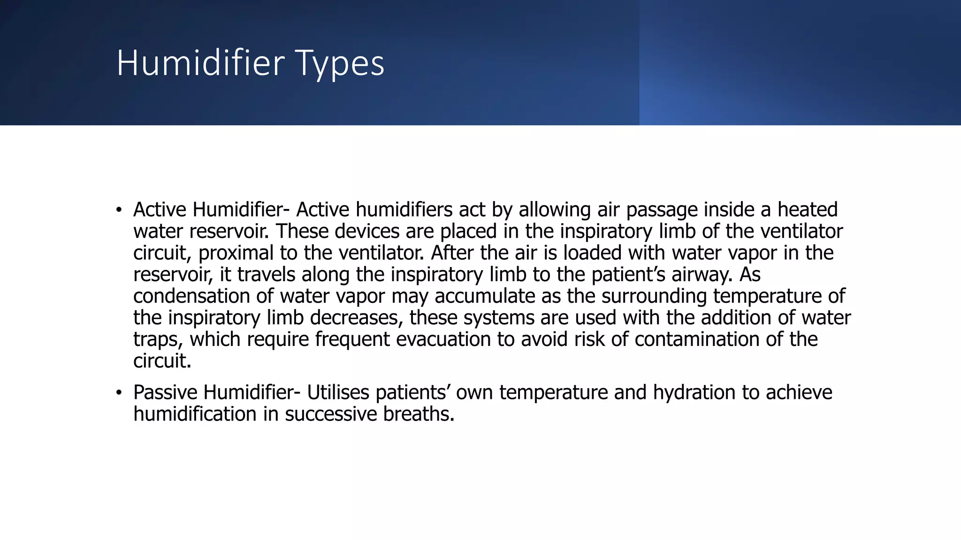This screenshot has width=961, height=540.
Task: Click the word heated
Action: pos(807,210)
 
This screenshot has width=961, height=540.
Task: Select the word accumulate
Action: pos(485,296)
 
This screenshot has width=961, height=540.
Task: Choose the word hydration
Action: pos(694,392)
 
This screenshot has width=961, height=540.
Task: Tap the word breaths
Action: pos(419,414)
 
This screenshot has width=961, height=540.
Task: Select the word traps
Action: pos(158,339)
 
